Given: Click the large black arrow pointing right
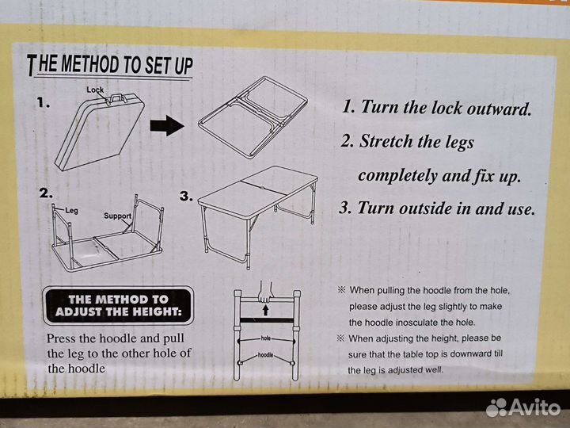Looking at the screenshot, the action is (166, 125).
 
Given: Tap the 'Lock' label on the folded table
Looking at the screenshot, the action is (95, 90).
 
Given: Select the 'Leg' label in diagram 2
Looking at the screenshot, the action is (71, 210).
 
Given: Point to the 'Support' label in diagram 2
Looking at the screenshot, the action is (117, 216).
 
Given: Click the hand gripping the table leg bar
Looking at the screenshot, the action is (266, 292).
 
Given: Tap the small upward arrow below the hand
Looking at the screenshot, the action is (266, 310).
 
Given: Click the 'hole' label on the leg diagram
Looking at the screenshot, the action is (266, 338).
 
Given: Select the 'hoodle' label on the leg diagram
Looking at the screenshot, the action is (265, 354).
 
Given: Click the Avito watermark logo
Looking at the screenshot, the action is (523, 407).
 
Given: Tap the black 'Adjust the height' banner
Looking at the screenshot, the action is (118, 305).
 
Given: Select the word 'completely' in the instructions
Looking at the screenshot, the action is (397, 176).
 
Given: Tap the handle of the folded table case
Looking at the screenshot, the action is (117, 98).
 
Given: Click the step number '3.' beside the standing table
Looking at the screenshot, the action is (186, 197).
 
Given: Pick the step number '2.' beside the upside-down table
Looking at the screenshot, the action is (46, 193).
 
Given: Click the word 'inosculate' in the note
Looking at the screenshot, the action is (417, 323).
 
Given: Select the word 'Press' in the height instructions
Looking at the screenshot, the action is (62, 338).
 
